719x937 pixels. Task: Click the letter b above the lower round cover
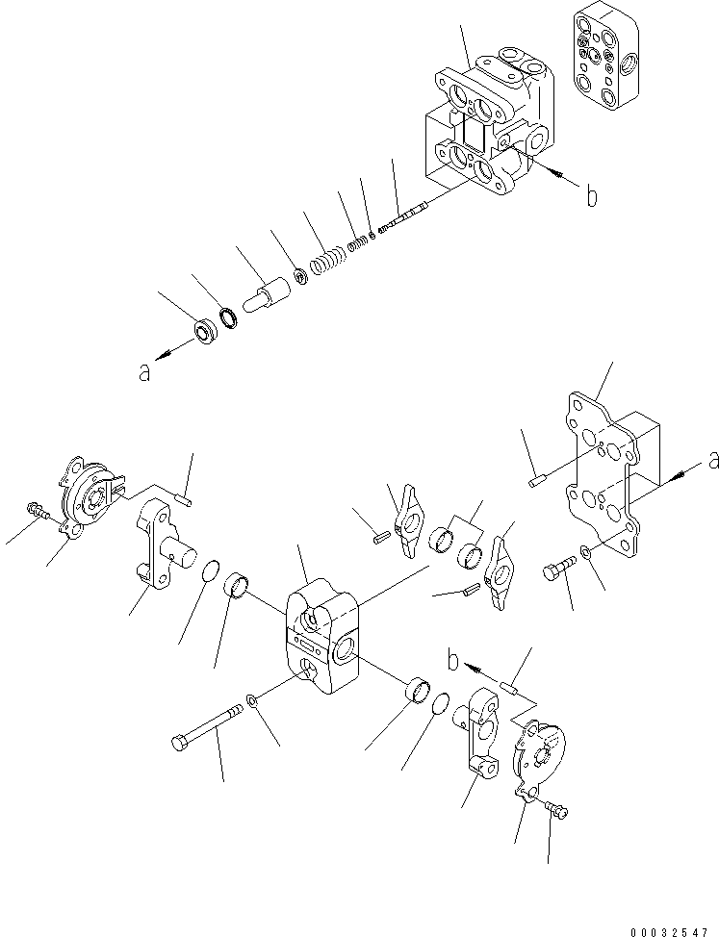click(453, 663)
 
